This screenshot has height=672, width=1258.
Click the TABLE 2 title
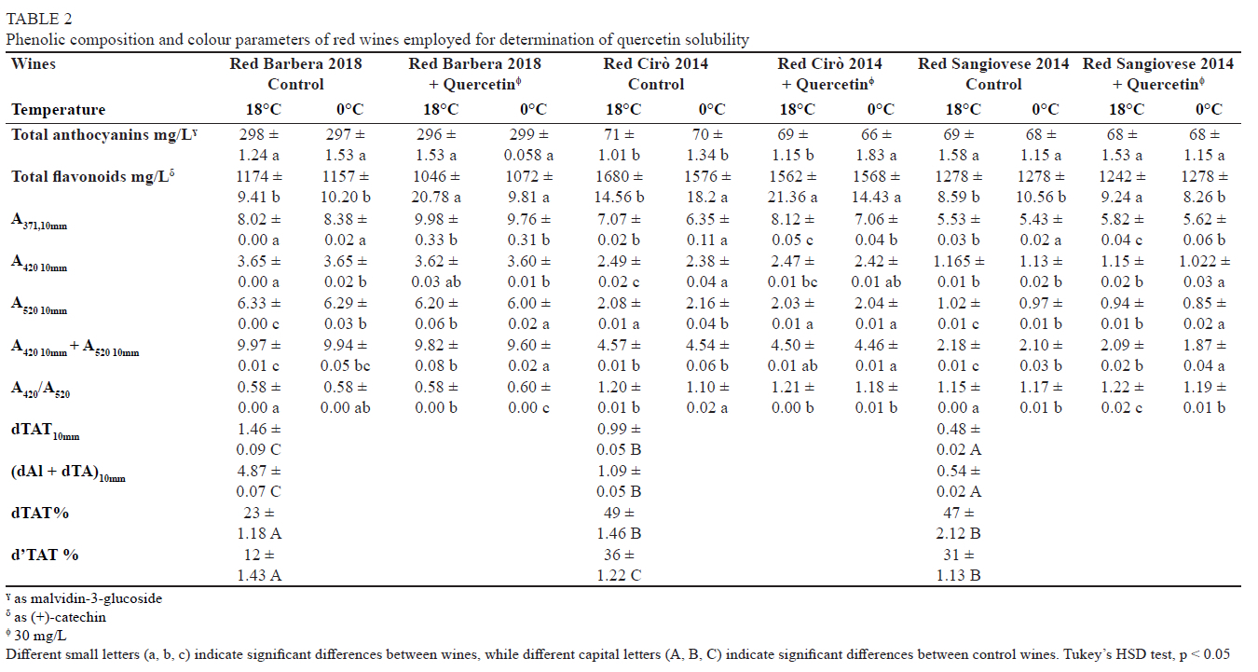pyautogui.click(x=38, y=18)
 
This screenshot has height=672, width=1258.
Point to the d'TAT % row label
pyautogui.click(x=45, y=555)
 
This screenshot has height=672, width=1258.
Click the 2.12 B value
pyautogui.click(x=962, y=533)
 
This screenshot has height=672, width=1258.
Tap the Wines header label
pyautogui.click(x=34, y=63)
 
